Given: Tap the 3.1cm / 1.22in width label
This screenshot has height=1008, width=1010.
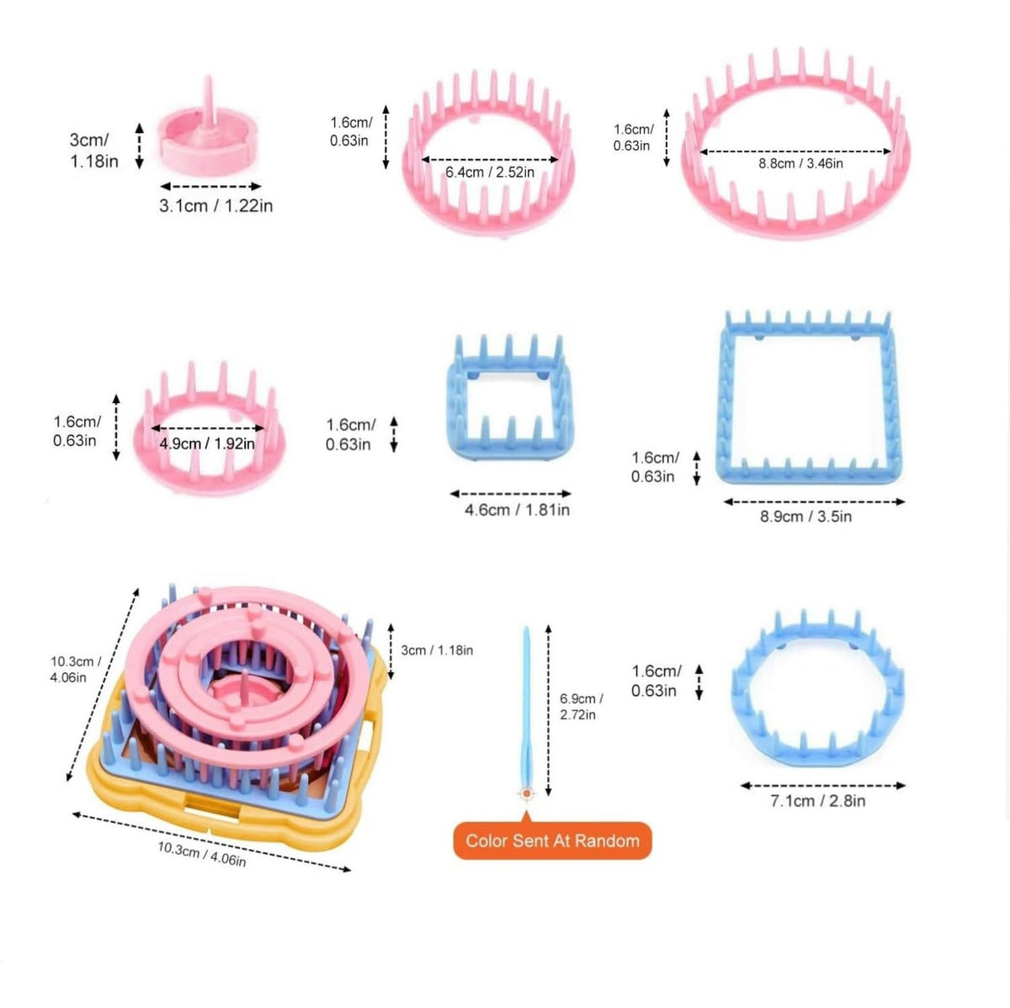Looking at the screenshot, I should (x=215, y=205).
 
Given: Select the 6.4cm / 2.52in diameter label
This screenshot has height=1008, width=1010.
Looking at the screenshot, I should (x=490, y=172).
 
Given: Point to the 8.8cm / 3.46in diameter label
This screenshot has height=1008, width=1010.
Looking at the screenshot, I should (x=800, y=163).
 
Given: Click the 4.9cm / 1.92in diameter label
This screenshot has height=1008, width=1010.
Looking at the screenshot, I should (x=207, y=443).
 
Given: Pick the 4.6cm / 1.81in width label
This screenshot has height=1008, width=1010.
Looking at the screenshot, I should (x=517, y=510).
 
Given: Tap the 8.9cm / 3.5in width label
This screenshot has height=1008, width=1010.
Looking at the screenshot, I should (x=805, y=517).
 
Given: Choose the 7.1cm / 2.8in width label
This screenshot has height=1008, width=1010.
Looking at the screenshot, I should (x=817, y=801).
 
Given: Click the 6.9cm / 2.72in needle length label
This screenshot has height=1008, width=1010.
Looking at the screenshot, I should (x=581, y=707).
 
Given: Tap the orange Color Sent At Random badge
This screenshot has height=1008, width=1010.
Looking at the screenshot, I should (x=552, y=841).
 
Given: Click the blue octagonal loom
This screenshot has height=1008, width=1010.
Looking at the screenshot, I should (x=817, y=690).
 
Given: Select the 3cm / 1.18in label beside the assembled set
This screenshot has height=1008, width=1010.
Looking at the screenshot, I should (x=437, y=650).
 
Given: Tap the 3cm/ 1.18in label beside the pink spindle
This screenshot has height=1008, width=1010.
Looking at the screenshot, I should (x=93, y=150).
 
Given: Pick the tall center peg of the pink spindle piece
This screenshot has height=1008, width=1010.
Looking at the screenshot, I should (x=208, y=97).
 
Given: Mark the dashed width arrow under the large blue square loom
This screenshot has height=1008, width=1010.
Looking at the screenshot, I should (x=814, y=501).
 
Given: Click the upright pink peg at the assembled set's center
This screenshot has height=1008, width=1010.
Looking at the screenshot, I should (x=243, y=684).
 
